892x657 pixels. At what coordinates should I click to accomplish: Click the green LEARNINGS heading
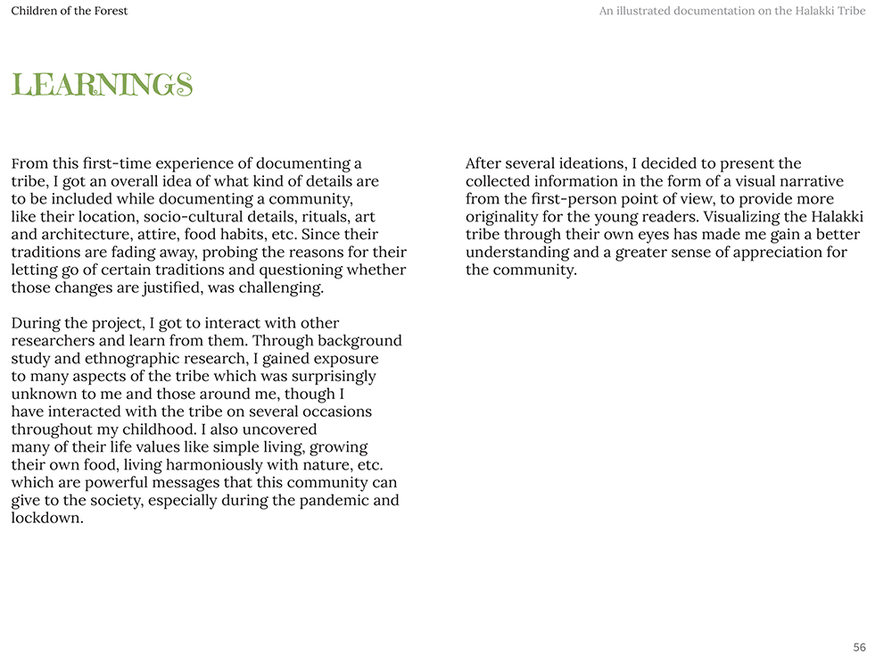click(102, 85)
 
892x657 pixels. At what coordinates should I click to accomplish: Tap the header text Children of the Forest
click(69, 11)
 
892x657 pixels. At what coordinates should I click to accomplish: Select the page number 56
click(859, 647)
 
